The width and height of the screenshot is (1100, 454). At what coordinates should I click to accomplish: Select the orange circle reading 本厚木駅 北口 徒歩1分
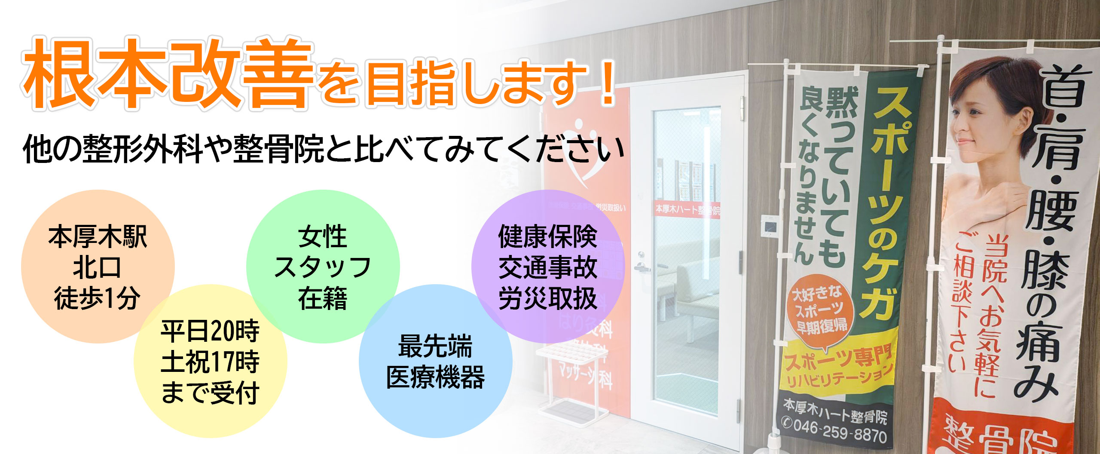(x=98, y=267)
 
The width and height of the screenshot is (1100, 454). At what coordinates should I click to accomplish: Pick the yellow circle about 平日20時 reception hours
(x=210, y=362)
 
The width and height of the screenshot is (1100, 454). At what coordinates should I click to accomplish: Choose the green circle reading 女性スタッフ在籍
(x=323, y=267)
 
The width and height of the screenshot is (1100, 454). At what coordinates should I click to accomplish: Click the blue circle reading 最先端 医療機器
(x=435, y=362)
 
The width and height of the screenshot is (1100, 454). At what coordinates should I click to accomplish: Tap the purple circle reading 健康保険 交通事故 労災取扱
(x=548, y=267)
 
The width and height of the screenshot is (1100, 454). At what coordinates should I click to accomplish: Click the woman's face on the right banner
(x=988, y=116)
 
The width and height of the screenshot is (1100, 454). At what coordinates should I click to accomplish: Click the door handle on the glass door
(x=642, y=267)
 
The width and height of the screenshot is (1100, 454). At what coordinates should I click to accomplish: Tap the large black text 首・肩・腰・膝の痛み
(x=1048, y=232)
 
